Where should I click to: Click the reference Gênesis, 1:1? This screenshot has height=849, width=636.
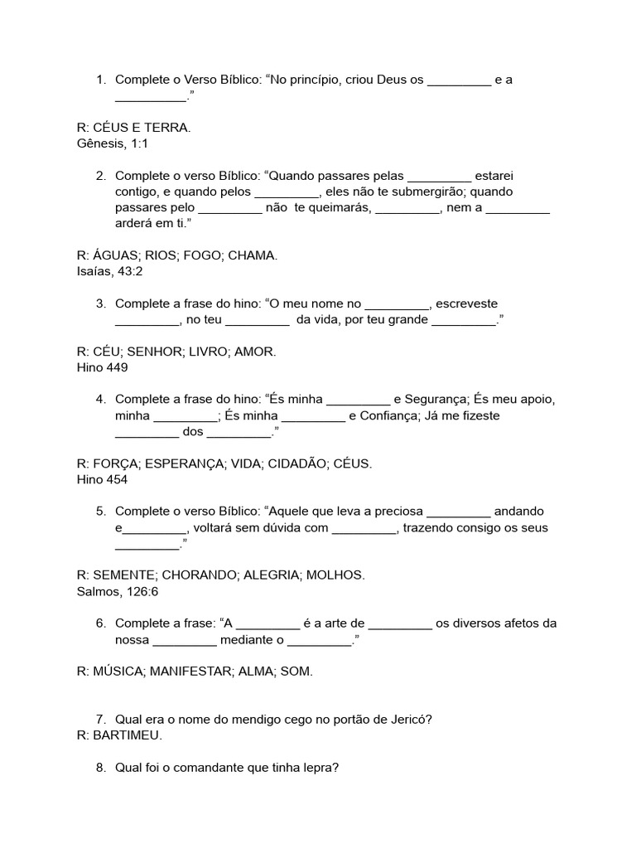112,143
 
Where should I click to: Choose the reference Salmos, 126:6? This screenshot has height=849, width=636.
117,591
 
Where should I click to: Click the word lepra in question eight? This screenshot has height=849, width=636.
321,768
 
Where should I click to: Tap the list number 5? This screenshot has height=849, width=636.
100,512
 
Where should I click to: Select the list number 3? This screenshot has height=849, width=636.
100,303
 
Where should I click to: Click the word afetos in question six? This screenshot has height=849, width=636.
518,623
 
